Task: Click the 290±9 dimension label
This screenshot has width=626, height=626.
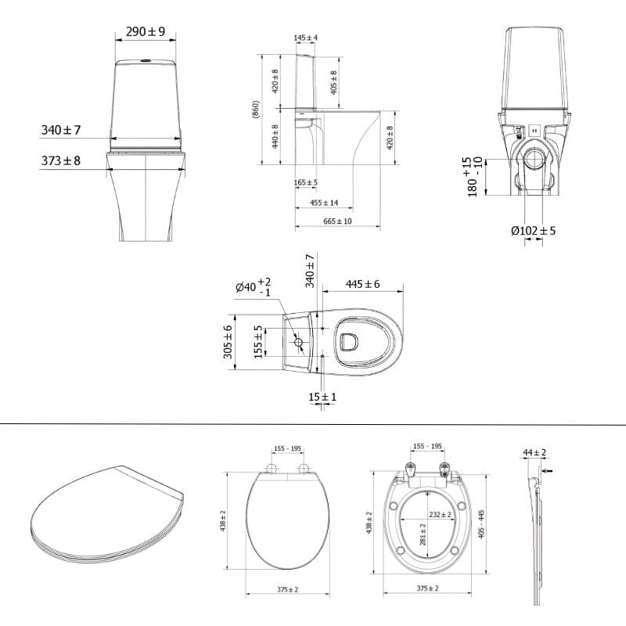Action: tap(146, 31)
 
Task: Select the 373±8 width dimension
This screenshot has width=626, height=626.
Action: tap(61, 160)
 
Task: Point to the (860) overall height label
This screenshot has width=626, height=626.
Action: tap(256, 109)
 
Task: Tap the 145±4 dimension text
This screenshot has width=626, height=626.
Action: tap(306, 38)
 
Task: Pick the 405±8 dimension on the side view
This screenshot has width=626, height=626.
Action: tap(334, 83)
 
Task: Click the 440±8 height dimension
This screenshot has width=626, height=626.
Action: tap(275, 136)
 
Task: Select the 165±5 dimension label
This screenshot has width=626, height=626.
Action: tap(306, 182)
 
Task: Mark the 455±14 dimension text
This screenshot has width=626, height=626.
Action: tap(324, 203)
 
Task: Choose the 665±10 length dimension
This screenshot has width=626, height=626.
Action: tap(338, 221)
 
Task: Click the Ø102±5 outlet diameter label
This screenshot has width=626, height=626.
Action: tap(534, 231)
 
